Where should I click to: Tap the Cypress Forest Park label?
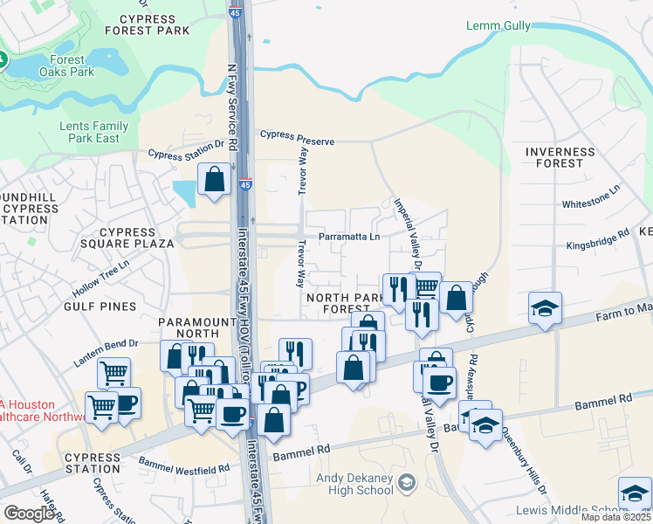[x=147, y=24]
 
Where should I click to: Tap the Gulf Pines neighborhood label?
[x=100, y=307]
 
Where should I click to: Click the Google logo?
[x=30, y=514]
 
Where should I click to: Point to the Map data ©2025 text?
[x=615, y=517]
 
